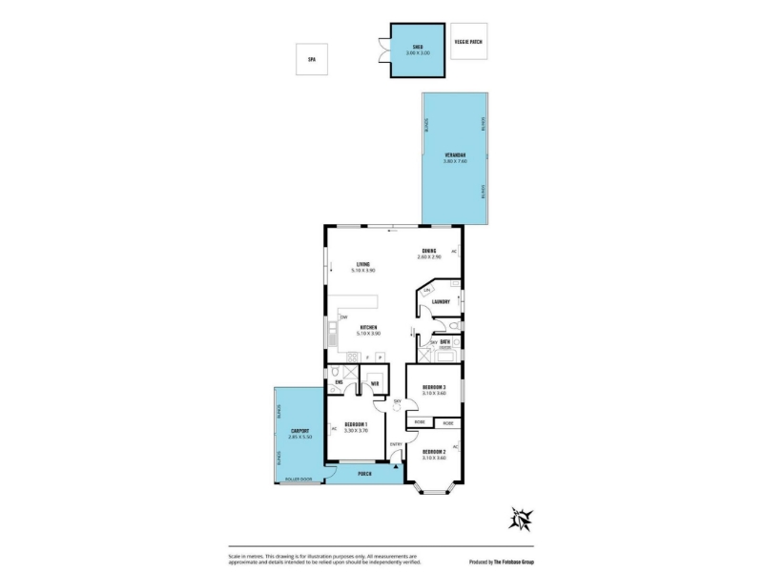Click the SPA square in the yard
tap(311, 59)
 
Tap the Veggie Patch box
tap(468, 42)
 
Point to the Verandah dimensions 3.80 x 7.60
tap(454, 161)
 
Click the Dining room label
tap(429, 252)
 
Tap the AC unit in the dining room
tap(455, 252)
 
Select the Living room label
tap(363, 264)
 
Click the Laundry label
tap(440, 302)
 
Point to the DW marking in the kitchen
tap(344, 317)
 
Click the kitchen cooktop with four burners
tap(350, 357)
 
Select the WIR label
tap(375, 383)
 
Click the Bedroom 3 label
tap(434, 386)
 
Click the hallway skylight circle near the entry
tap(398, 410)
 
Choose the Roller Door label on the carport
tap(298, 479)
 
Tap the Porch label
tap(363, 474)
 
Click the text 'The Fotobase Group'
tap(513, 562)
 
